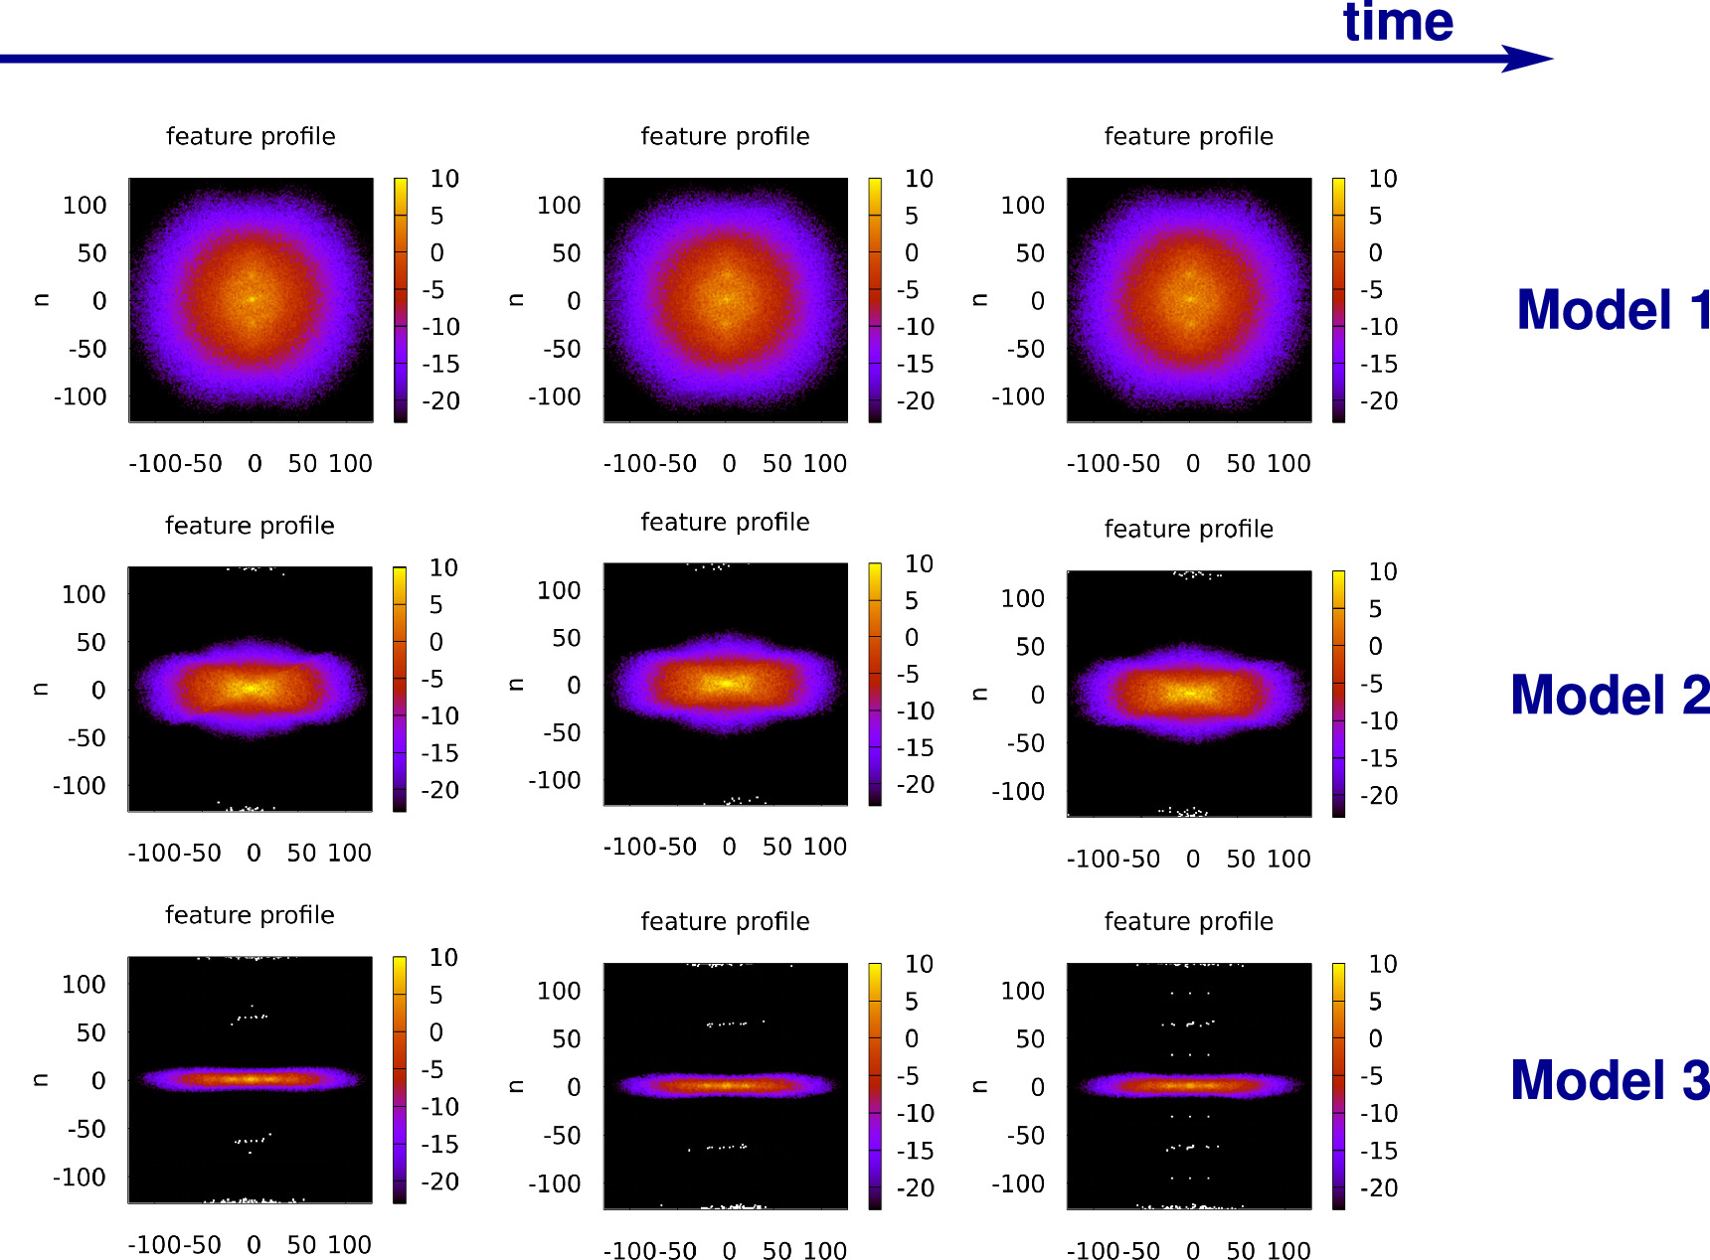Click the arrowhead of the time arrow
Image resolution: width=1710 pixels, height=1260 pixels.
point(1531,59)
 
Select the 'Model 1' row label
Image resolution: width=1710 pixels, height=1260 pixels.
point(1612,310)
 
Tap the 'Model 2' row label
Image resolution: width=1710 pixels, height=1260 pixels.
point(1609,695)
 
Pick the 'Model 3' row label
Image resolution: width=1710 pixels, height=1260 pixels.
point(1609,1080)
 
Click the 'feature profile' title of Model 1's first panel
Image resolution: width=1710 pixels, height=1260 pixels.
point(251,136)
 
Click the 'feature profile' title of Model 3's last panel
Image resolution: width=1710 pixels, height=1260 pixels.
point(1188,921)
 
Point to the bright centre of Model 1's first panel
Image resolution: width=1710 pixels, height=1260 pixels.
point(251,298)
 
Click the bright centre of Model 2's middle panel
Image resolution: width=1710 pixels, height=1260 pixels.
point(726,683)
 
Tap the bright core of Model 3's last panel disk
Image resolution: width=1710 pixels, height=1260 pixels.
point(1189,1085)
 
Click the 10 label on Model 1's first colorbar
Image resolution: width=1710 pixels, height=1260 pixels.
point(443,179)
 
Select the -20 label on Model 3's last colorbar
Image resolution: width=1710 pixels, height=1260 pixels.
point(1378,1187)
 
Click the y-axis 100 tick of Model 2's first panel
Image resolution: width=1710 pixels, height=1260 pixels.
point(84,594)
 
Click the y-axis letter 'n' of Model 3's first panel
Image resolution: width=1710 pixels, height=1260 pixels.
point(41,1080)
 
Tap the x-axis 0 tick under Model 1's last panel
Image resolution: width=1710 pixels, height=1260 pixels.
point(1193,463)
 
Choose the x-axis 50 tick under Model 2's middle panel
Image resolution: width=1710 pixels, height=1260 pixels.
point(776,847)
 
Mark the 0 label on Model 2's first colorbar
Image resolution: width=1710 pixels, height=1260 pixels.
point(435,642)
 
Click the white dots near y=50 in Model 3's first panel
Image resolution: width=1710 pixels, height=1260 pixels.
point(250,1017)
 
